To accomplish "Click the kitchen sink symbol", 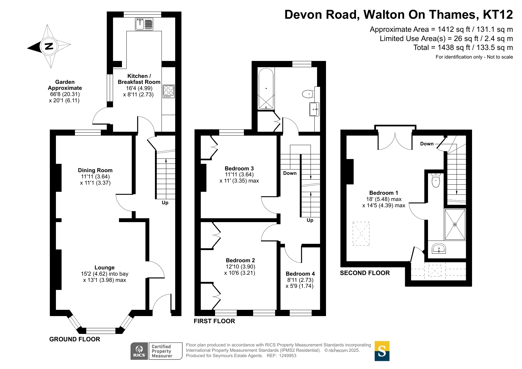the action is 144,24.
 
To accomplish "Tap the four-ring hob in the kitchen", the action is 169,92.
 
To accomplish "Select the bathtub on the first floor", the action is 266,89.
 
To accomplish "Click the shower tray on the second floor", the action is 455,224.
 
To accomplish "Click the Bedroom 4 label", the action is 300,274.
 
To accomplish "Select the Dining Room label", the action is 95,170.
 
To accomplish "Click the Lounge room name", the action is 104,268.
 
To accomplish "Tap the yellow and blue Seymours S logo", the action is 382,351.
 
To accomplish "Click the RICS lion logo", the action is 139,351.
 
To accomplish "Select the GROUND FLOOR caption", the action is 75,339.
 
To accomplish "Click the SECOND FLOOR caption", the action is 365,273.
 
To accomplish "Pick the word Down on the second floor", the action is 427,144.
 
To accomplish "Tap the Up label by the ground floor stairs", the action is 165,203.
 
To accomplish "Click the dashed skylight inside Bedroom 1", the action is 361,234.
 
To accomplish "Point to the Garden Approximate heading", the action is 65,85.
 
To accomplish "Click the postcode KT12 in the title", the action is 498,15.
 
